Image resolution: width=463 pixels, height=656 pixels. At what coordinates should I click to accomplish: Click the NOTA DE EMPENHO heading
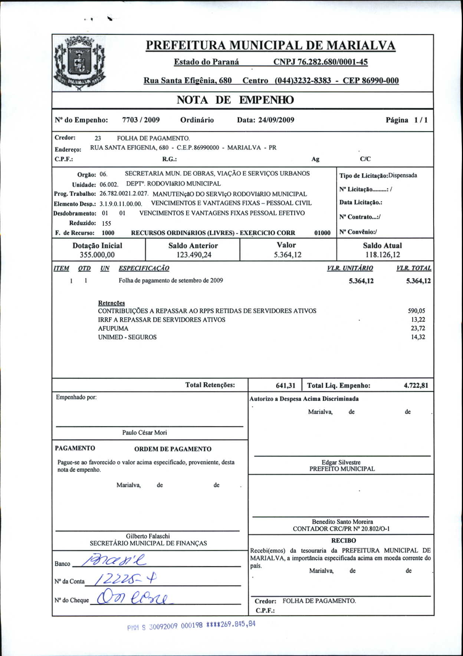235,100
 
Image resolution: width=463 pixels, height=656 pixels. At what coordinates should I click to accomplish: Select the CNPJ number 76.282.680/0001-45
320,62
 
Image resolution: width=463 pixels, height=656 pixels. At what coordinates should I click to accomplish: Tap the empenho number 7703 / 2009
141,120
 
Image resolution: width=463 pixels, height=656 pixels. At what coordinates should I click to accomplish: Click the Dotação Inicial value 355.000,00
97,255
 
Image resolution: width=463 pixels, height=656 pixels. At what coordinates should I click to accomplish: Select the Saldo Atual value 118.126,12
382,255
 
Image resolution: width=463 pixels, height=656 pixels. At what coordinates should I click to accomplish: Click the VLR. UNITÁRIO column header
350,268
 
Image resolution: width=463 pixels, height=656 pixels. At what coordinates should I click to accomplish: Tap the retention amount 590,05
416,311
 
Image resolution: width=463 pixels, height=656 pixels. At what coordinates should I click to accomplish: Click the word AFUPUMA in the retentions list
113,328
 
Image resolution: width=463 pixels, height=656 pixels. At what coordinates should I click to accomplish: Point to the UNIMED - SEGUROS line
127,337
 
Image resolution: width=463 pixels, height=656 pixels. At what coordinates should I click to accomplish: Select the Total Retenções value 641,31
285,386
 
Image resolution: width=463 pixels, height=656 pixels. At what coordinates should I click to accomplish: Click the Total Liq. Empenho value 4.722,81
416,386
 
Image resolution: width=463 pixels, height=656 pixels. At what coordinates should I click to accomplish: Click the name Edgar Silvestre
341,462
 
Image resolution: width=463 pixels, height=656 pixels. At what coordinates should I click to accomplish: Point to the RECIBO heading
344,540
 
